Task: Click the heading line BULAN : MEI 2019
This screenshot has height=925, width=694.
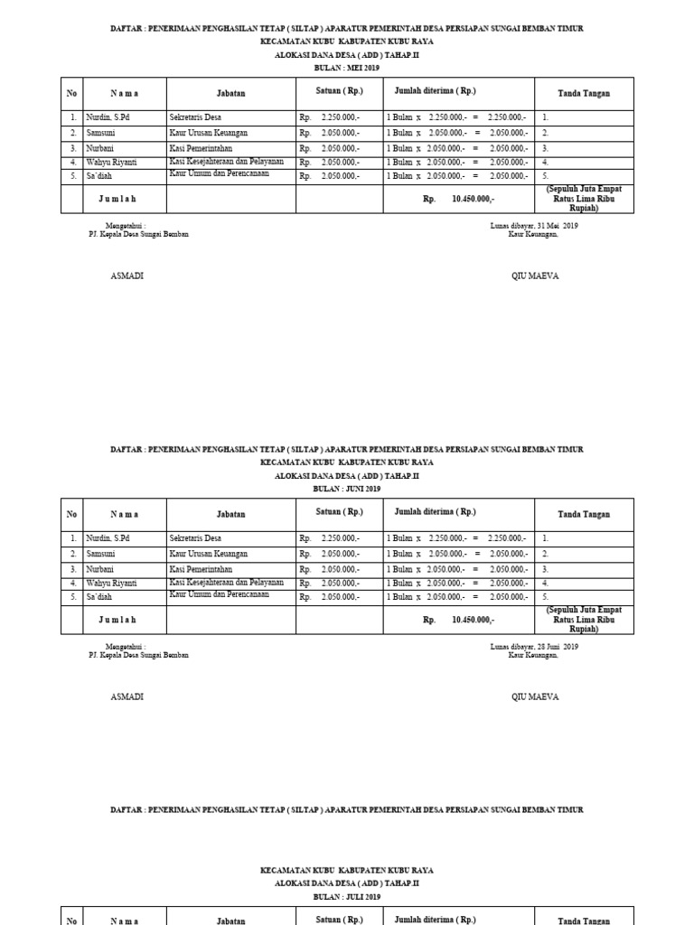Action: [x=346, y=68]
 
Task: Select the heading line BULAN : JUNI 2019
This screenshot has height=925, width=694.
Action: [x=346, y=489]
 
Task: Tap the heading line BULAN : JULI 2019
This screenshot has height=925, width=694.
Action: [x=346, y=897]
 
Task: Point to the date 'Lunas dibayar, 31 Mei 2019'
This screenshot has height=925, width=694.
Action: [x=533, y=225]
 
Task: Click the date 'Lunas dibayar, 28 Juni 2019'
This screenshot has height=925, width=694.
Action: [x=533, y=647]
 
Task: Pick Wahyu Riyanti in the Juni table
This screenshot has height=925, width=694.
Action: [x=111, y=584]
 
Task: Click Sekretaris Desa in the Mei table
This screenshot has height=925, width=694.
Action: [x=195, y=117]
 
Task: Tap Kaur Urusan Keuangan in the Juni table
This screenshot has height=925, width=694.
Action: [x=208, y=554]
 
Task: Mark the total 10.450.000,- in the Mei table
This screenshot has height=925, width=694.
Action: [x=473, y=200]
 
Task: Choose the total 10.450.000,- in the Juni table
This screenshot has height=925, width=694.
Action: [x=473, y=621]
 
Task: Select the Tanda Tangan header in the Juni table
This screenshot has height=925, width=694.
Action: [x=584, y=514]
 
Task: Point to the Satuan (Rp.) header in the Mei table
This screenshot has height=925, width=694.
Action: [x=339, y=91]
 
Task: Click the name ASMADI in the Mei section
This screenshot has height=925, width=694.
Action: [x=127, y=276]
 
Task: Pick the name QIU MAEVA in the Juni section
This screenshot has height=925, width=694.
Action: [x=535, y=697]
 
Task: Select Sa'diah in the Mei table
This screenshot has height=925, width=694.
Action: [x=99, y=176]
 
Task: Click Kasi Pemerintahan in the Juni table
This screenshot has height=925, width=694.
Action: [x=201, y=569]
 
